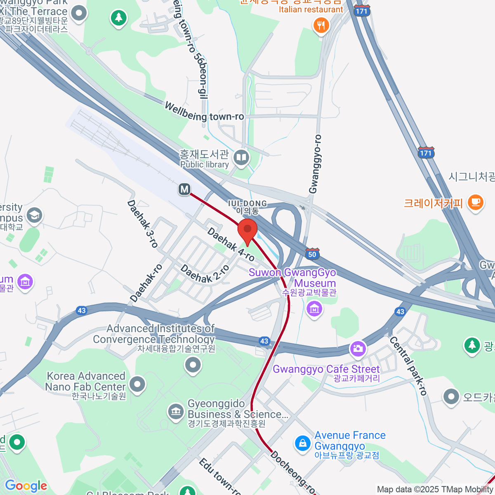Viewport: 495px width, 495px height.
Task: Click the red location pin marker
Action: [247, 231]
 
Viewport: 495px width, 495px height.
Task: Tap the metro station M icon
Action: [184, 189]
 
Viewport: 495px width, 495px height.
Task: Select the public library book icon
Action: [241, 158]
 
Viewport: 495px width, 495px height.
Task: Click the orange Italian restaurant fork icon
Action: [321, 26]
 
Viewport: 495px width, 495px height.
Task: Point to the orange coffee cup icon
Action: [476, 203]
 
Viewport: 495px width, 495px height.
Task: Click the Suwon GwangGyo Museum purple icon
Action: [314, 308]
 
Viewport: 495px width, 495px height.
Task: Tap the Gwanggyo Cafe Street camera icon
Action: [358, 349]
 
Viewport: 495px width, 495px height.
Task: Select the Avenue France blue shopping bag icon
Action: [303, 444]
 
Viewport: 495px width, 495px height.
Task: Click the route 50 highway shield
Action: [312, 254]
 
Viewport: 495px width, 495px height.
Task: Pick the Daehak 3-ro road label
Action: [143, 224]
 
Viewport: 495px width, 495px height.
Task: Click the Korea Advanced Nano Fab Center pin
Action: [137, 384]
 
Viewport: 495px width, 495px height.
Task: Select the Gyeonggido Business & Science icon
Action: [176, 411]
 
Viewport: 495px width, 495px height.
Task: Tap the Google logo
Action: [26, 486]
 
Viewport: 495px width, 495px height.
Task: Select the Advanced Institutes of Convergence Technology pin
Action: [193, 365]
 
